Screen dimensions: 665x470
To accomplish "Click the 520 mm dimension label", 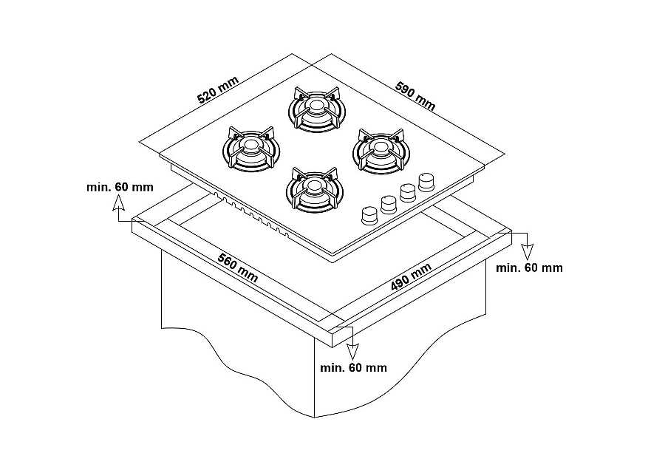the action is (219, 90).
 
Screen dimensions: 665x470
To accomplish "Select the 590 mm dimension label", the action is (415, 95).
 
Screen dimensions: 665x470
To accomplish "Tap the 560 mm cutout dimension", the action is (237, 268).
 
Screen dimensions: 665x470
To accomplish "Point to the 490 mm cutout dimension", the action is (411, 276).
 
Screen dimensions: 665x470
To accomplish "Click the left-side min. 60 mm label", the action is (120, 187).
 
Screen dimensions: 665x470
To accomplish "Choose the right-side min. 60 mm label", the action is (529, 268).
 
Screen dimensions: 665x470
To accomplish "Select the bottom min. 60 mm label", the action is (354, 367).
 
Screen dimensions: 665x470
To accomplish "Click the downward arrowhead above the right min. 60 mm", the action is (527, 252).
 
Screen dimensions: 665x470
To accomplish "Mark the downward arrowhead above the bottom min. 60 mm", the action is (352, 352).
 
